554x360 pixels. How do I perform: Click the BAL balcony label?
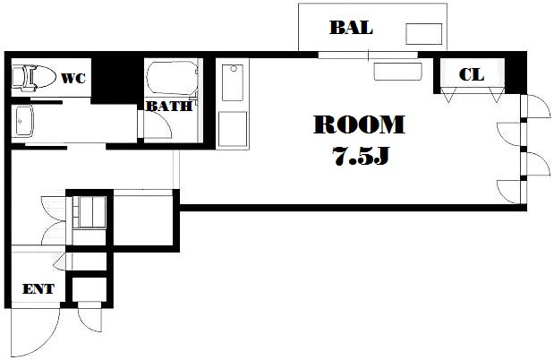click(x=351, y=28)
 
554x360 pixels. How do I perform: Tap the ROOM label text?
click(x=359, y=124)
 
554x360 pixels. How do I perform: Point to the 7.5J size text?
click(x=361, y=156)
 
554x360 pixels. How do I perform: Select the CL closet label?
click(x=472, y=74)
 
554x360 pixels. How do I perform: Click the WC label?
click(x=73, y=78)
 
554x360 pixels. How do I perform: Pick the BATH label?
click(x=169, y=106)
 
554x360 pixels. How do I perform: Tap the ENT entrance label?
click(x=38, y=289)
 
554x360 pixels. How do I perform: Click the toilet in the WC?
click(x=34, y=76)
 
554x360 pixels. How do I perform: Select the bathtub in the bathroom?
click(x=172, y=78)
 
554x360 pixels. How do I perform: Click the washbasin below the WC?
click(x=22, y=121)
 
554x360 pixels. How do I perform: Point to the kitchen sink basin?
click(x=233, y=82)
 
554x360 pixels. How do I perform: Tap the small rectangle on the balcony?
click(x=423, y=34)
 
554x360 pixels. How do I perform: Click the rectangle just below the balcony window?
click(x=398, y=72)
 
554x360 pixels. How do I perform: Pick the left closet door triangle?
click(x=448, y=94)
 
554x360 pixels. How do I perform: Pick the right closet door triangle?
click(x=497, y=94)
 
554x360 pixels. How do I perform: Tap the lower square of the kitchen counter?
click(x=233, y=129)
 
